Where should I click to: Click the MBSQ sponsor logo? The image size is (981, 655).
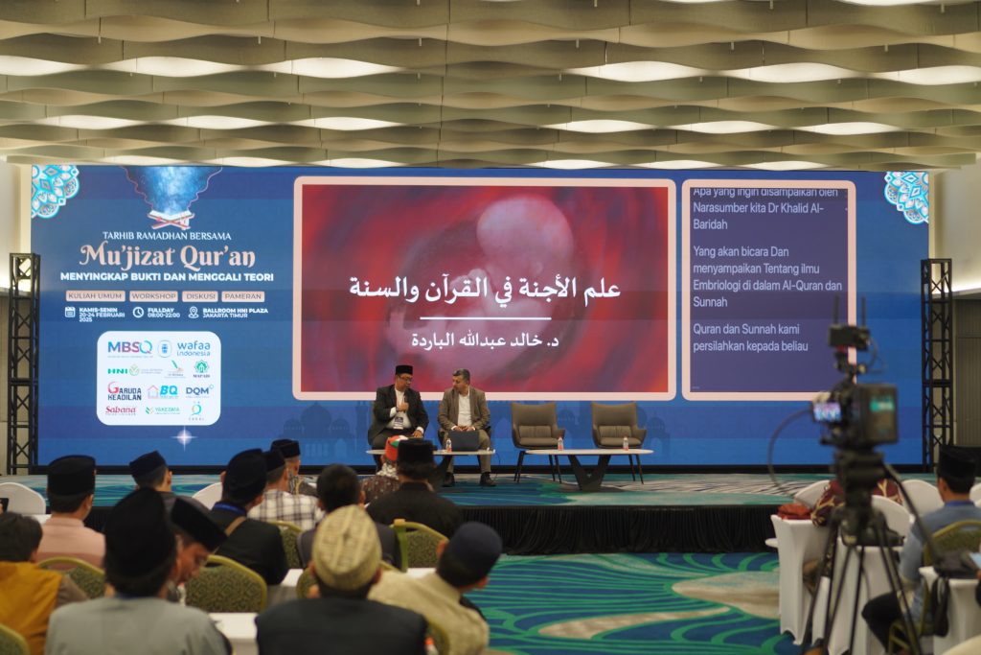point(129,347)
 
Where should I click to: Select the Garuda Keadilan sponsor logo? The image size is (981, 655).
point(124,391)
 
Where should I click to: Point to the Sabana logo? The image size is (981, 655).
point(121,409)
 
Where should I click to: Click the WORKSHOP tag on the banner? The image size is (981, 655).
point(152,296)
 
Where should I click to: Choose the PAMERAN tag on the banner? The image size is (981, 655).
point(242,296)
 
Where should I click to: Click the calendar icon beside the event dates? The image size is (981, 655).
point(70,312)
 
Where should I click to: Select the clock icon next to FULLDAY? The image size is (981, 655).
point(138,312)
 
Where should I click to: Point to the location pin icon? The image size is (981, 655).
point(194,312)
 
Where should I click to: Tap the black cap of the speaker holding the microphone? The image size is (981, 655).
point(403,369)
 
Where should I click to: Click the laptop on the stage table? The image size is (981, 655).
point(465,440)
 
